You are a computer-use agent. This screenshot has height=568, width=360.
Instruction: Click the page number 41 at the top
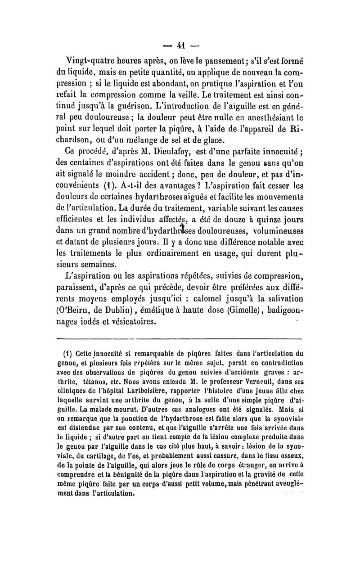click(180, 45)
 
